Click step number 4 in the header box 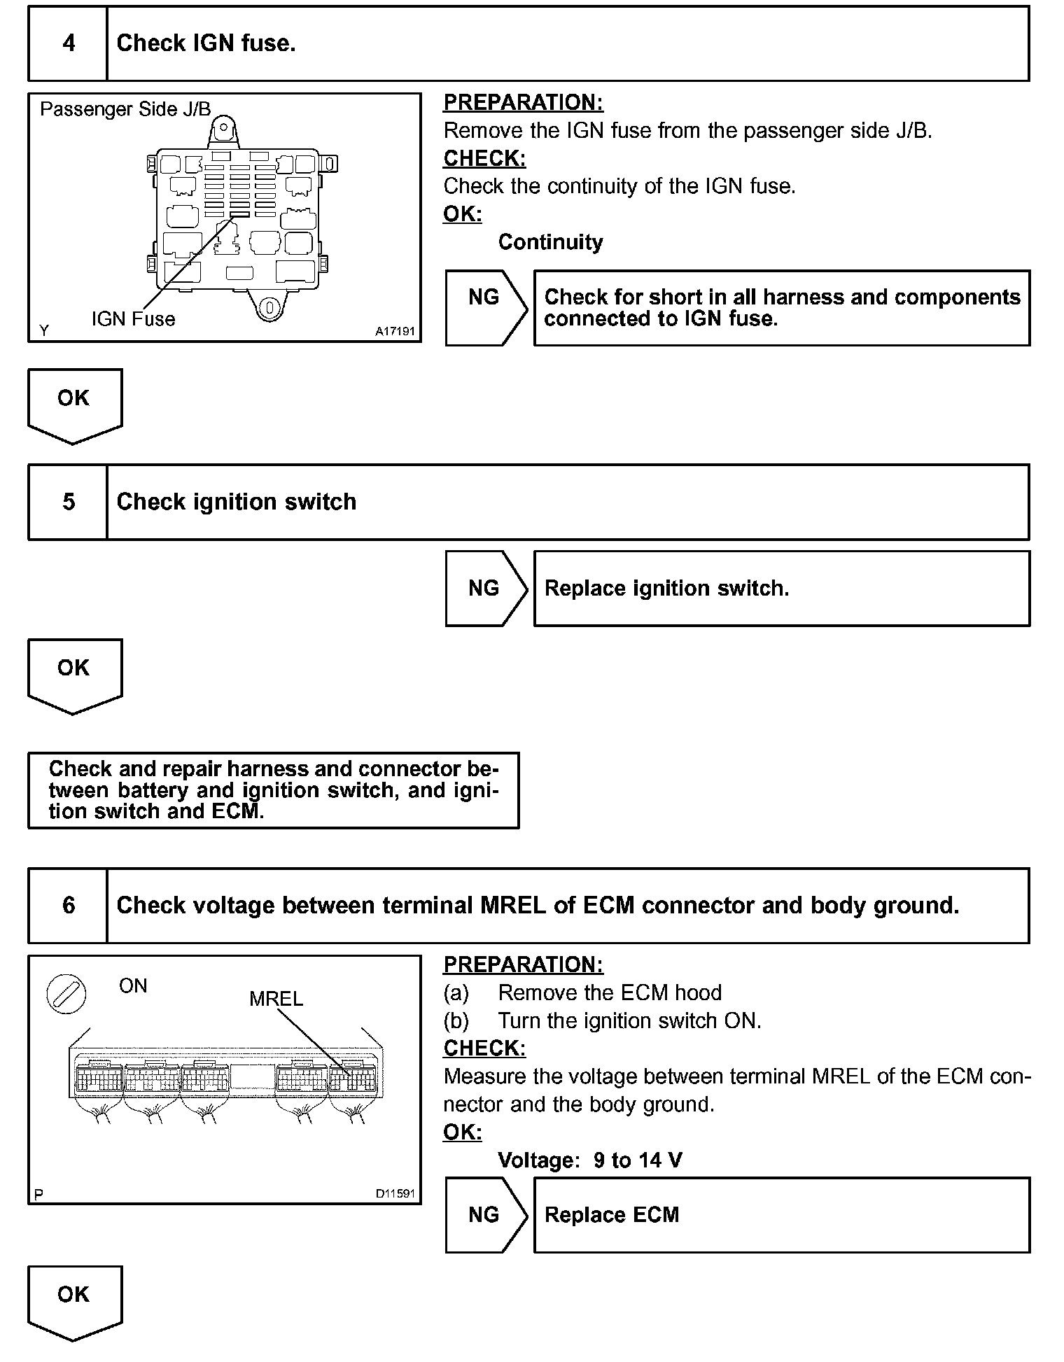pyautogui.click(x=69, y=43)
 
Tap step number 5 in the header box pyautogui.click(x=69, y=502)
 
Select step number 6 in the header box pyautogui.click(x=69, y=906)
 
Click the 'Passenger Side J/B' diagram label pyautogui.click(x=125, y=109)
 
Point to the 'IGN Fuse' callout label pyautogui.click(x=133, y=319)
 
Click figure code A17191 pyautogui.click(x=395, y=331)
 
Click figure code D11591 pyautogui.click(x=395, y=1193)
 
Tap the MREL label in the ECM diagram pyautogui.click(x=276, y=999)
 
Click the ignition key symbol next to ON pyautogui.click(x=66, y=995)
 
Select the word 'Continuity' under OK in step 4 pyautogui.click(x=550, y=242)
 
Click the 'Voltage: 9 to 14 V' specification pyautogui.click(x=589, y=1160)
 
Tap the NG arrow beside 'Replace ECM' pyautogui.click(x=485, y=1215)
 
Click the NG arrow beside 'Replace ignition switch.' pyautogui.click(x=485, y=589)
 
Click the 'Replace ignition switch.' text pyautogui.click(x=666, y=589)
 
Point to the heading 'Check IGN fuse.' pyautogui.click(x=206, y=43)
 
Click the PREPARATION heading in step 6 pyautogui.click(x=523, y=964)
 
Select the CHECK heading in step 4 pyautogui.click(x=484, y=159)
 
